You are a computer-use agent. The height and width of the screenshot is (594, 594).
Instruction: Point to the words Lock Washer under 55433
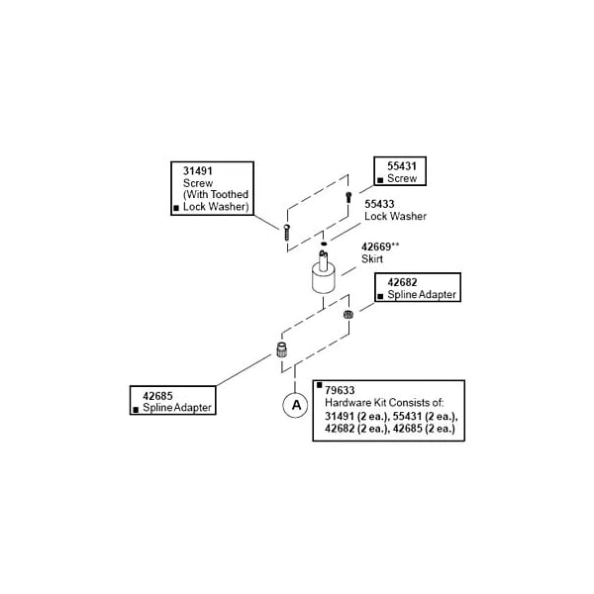[x=395, y=215]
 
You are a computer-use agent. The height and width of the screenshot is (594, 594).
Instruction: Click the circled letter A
[x=294, y=404]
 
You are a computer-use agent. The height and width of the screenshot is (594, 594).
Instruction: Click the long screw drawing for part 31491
[x=285, y=233]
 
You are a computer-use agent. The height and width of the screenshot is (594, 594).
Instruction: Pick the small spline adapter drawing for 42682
[x=348, y=316]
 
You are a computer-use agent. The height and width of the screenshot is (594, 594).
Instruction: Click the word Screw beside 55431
[x=402, y=178]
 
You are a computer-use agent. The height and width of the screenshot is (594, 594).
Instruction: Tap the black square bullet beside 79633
[x=318, y=386]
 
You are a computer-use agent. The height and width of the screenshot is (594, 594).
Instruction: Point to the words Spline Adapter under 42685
[x=177, y=408]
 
